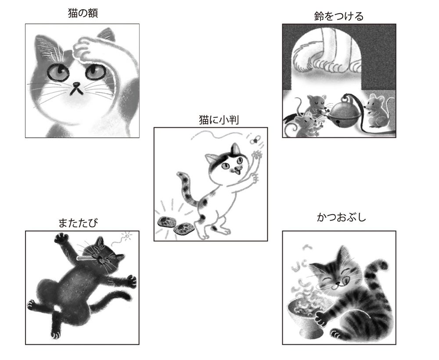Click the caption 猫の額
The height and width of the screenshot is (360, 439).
pyautogui.click(x=82, y=14)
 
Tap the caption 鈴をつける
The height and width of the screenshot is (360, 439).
pyautogui.click(x=339, y=17)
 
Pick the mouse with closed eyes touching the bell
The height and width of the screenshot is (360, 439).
pyautogui.click(x=317, y=104)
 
